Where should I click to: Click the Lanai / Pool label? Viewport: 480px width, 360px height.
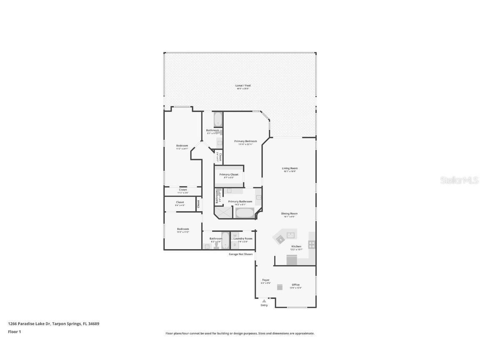[x=243, y=85]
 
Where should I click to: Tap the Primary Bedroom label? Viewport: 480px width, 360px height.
[x=245, y=141]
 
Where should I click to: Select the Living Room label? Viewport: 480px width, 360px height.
[x=290, y=168]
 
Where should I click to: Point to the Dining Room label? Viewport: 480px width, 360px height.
[x=290, y=214]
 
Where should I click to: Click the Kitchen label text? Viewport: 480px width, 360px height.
[x=296, y=246]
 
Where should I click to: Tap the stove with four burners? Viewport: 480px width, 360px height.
[x=312, y=245]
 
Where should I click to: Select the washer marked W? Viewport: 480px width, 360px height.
[x=235, y=236]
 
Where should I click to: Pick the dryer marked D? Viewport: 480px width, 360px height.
[x=235, y=245]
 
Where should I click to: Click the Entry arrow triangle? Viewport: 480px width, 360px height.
[x=264, y=301]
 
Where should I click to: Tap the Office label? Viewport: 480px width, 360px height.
[x=295, y=285]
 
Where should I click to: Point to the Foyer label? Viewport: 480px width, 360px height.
[x=265, y=280]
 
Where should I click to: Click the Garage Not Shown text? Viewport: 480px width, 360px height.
[x=240, y=254]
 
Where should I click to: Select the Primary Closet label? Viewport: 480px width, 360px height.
[x=229, y=175]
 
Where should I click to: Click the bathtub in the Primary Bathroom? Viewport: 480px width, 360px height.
[x=245, y=213]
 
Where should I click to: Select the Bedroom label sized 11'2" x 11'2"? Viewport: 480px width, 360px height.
[x=183, y=229]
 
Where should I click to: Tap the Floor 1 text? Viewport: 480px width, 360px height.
[x=14, y=332]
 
